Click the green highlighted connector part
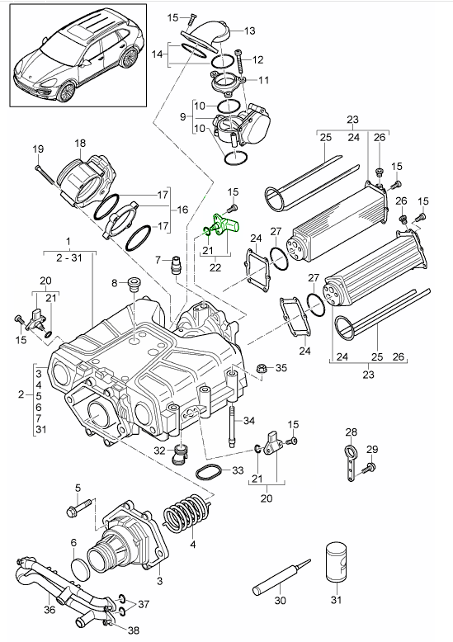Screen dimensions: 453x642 (x=224, y=225)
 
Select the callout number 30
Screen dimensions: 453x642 (x=281, y=601)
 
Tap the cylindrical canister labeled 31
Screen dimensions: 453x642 (x=337, y=561)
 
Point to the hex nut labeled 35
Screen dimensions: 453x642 (x=261, y=369)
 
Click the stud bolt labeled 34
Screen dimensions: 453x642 (x=233, y=426)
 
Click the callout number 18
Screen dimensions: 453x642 (x=80, y=144)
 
